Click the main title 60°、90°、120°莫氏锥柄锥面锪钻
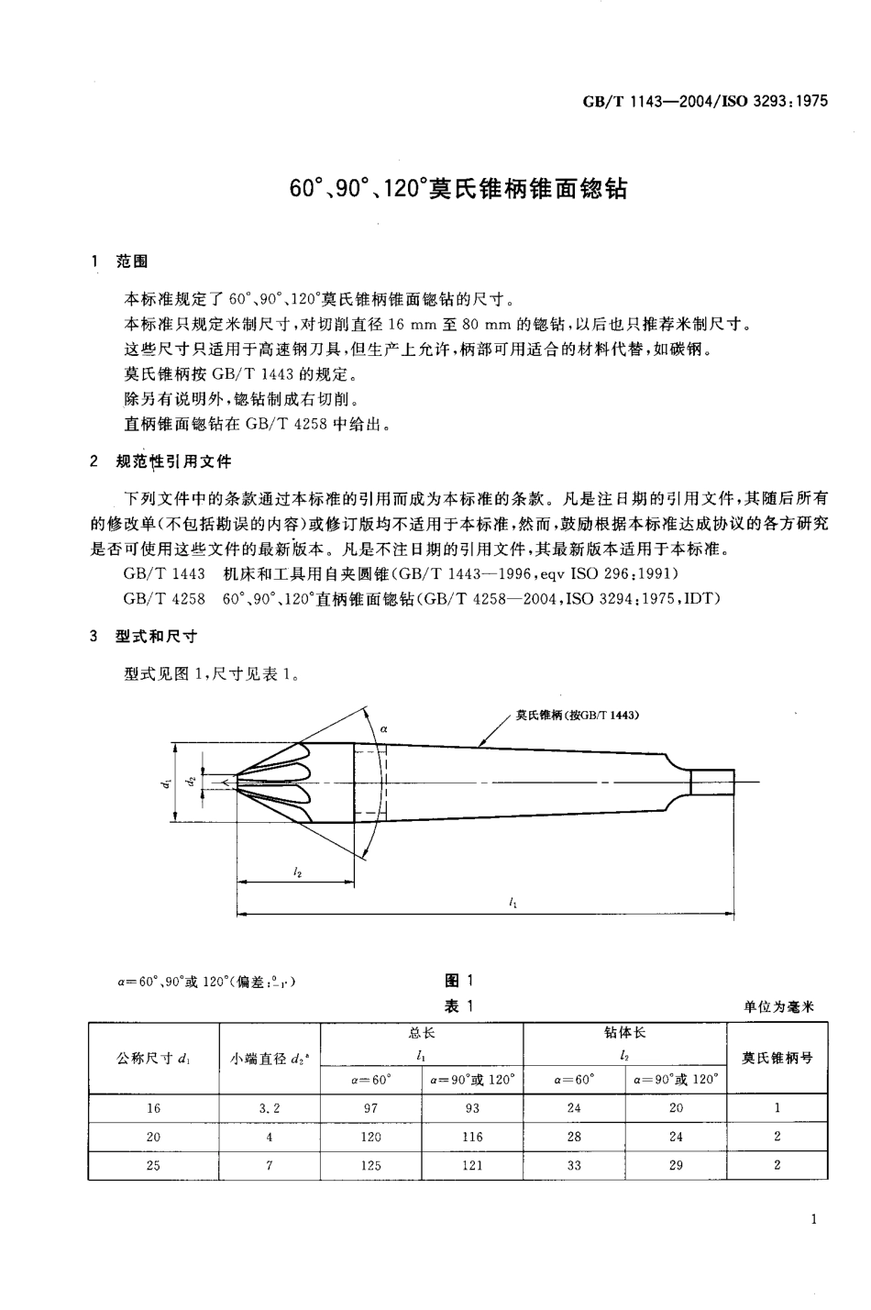click(458, 190)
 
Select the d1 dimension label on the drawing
click(167, 783)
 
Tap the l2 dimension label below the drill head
click(297, 872)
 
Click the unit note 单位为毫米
click(779, 1006)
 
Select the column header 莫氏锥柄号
click(777, 1057)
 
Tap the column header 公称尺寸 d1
click(153, 1058)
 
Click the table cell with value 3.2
click(270, 1107)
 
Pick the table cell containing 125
click(370, 1165)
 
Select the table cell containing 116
click(472, 1137)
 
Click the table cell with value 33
click(574, 1165)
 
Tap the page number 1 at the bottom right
click(814, 1219)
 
